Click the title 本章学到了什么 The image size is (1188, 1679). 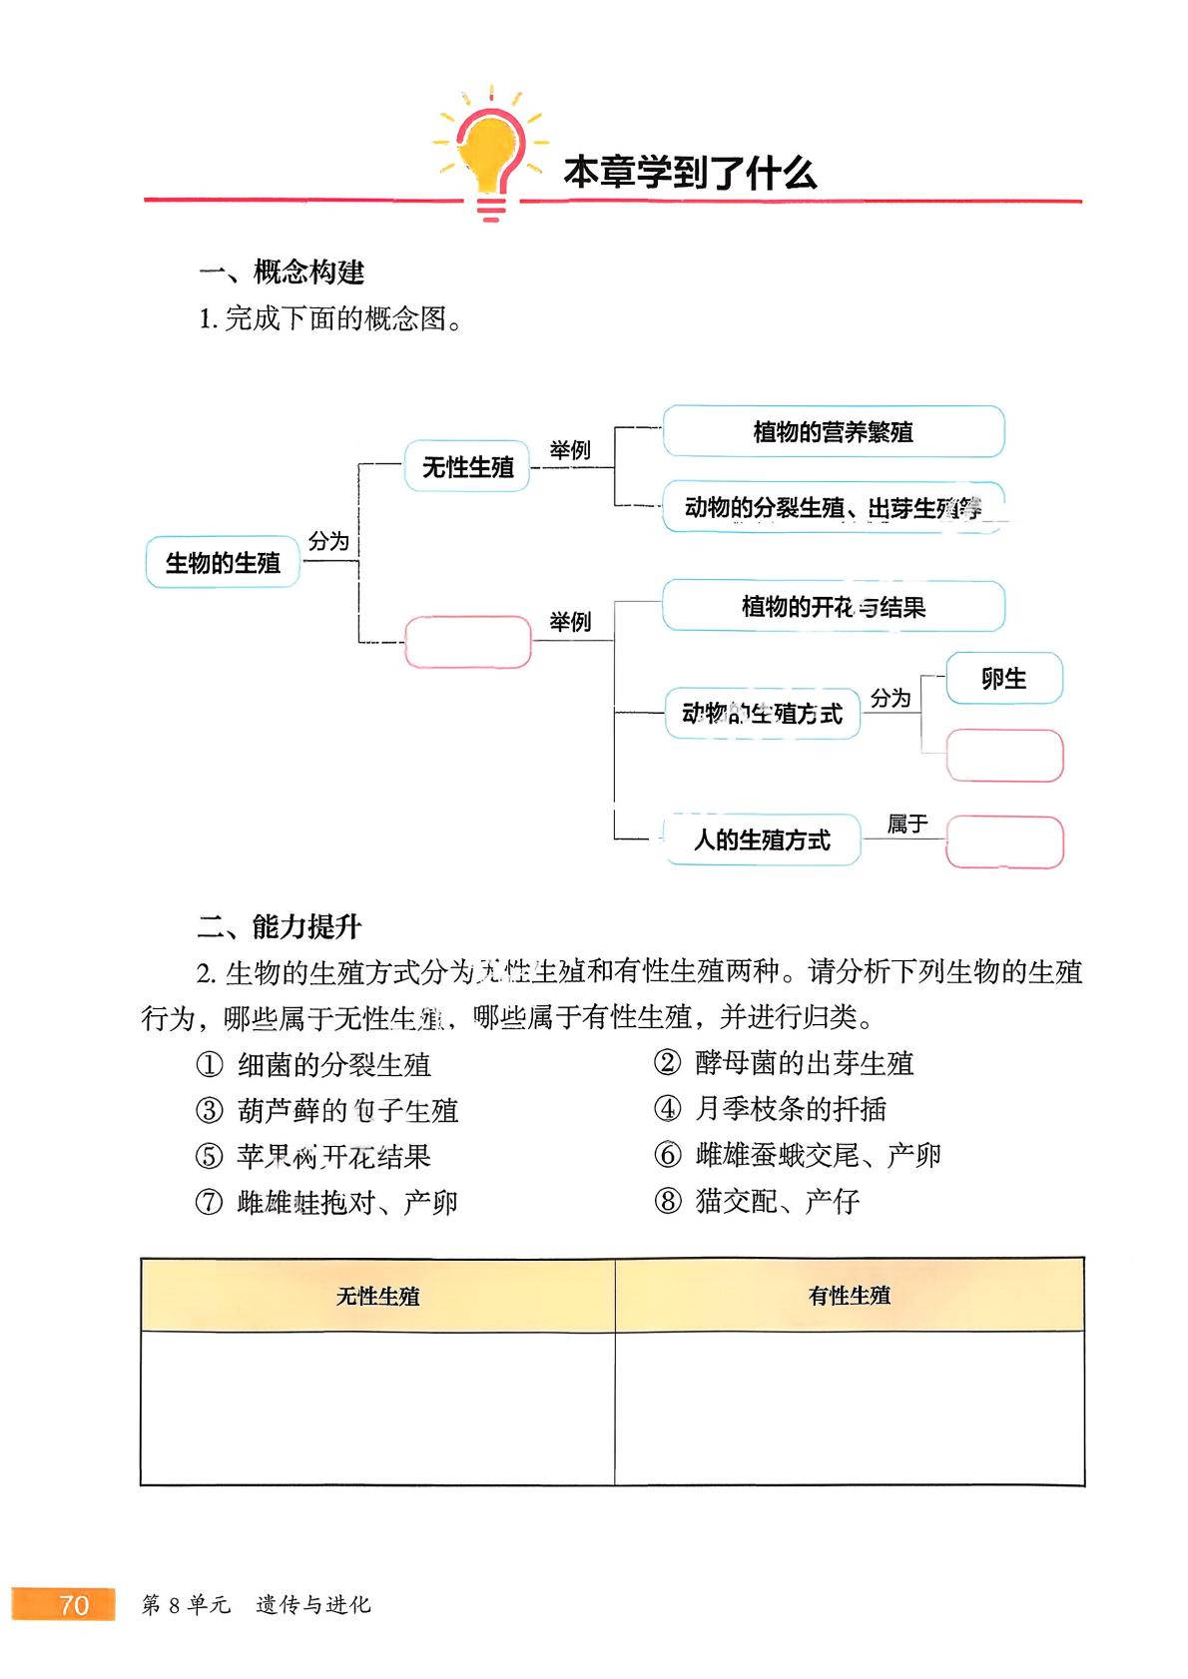click(x=689, y=173)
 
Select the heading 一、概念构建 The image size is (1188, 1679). click(x=283, y=272)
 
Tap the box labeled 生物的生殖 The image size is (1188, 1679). click(x=223, y=563)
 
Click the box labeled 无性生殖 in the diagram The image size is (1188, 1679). click(x=467, y=467)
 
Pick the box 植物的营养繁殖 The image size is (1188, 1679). click(x=834, y=432)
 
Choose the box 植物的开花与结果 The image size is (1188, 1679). click(x=834, y=607)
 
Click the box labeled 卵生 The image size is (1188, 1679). click(x=1003, y=679)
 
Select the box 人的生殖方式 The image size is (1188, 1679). click(x=762, y=840)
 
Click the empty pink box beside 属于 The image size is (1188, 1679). click(x=1003, y=842)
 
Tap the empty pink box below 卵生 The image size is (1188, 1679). click(x=1003, y=756)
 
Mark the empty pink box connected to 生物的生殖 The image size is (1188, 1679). click(x=467, y=642)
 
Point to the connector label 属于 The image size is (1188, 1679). click(x=907, y=825)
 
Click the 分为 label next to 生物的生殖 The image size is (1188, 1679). click(x=328, y=541)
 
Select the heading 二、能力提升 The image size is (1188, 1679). click(x=280, y=926)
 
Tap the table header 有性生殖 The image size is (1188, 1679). click(x=850, y=1296)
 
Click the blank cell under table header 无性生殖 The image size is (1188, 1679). click(x=377, y=1407)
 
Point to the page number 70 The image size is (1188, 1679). click(x=75, y=1604)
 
